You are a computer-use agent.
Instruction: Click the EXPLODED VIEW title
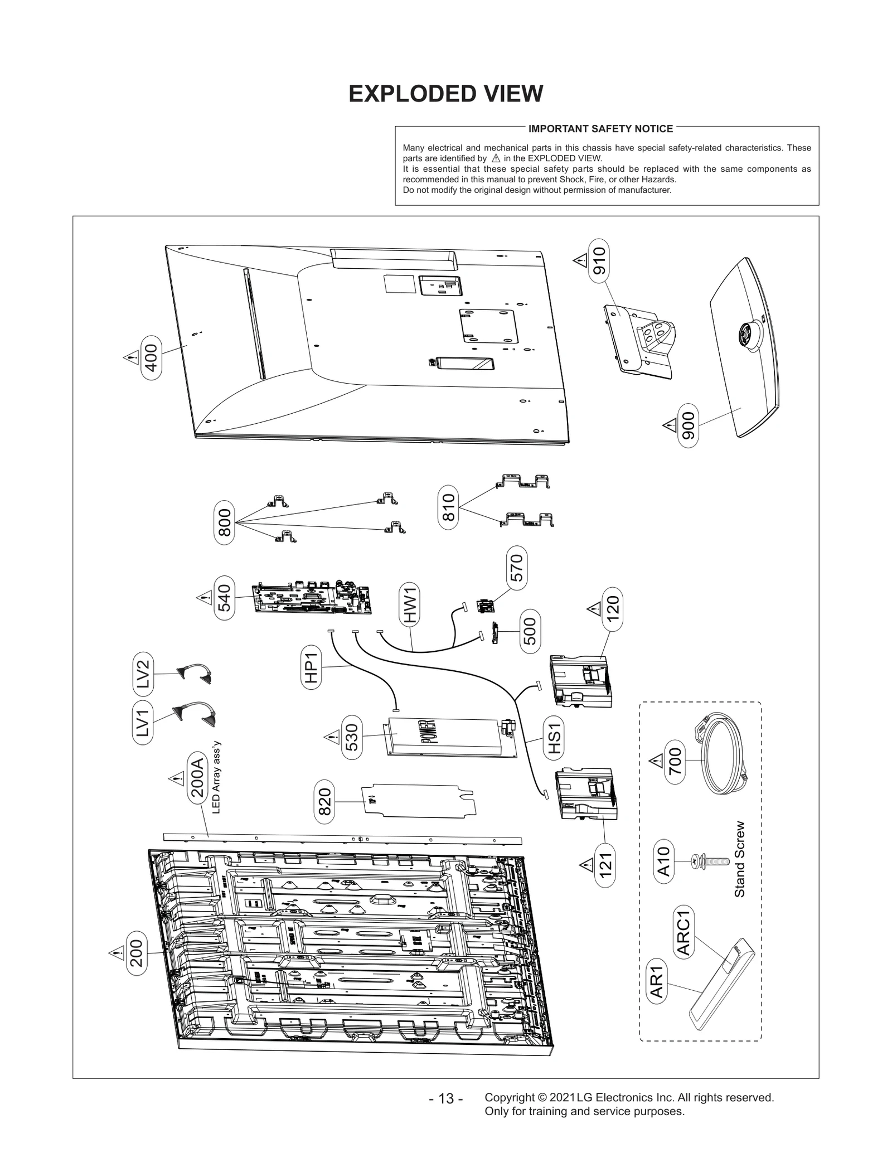pos(445,94)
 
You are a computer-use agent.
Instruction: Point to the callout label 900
pos(689,426)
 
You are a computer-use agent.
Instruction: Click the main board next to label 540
pos(312,599)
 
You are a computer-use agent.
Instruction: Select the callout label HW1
pos(411,606)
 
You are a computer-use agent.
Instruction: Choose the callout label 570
pos(517,568)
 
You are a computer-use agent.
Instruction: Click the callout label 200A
pos(196,778)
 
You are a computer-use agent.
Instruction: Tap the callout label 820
pos(324,801)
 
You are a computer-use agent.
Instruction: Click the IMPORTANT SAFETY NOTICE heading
pos(600,129)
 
